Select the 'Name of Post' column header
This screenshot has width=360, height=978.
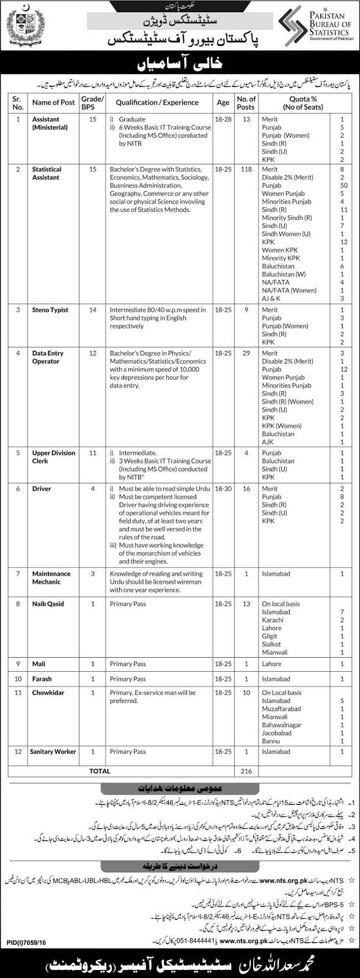(x=53, y=103)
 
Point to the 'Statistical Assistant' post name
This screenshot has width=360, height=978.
(x=46, y=173)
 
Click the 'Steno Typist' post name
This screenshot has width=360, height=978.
(x=50, y=310)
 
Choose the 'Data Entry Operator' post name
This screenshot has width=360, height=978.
(x=48, y=357)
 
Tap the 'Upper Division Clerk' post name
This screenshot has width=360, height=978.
(x=54, y=457)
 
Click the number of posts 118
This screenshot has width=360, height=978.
(x=246, y=169)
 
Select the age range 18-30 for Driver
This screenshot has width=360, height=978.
(x=222, y=489)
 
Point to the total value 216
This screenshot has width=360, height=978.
(x=246, y=771)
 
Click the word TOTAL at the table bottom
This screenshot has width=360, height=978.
(x=100, y=771)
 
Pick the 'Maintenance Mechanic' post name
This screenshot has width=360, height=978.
(x=51, y=578)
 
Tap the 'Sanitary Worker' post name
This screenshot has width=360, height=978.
(x=53, y=751)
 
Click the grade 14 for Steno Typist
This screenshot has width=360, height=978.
(x=93, y=310)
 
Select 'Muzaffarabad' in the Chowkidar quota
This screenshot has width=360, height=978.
(x=282, y=709)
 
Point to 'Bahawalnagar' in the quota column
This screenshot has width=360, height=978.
(x=282, y=725)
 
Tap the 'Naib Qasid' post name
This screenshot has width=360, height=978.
(x=48, y=604)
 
